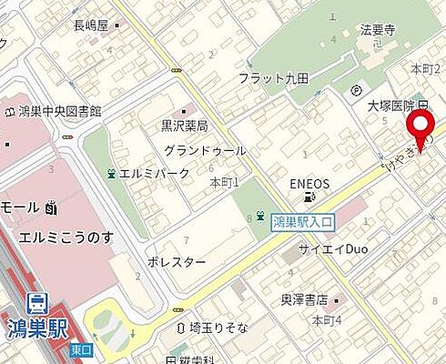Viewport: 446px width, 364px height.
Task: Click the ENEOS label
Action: pos(309,183)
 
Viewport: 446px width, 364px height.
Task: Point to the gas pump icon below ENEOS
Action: pos(311,197)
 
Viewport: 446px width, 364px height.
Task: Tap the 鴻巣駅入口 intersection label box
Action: pos(304,219)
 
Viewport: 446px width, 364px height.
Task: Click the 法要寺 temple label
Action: pos(378,30)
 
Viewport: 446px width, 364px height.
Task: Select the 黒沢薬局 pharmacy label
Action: pos(184,126)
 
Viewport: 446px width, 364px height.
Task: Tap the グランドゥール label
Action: pos(205,149)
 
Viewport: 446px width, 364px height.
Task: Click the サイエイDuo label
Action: pos(332,248)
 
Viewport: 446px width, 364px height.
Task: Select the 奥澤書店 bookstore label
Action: pos(306,298)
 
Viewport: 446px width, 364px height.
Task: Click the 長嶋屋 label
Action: pos(90,25)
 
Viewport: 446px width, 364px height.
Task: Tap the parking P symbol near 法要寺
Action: pos(357,89)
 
